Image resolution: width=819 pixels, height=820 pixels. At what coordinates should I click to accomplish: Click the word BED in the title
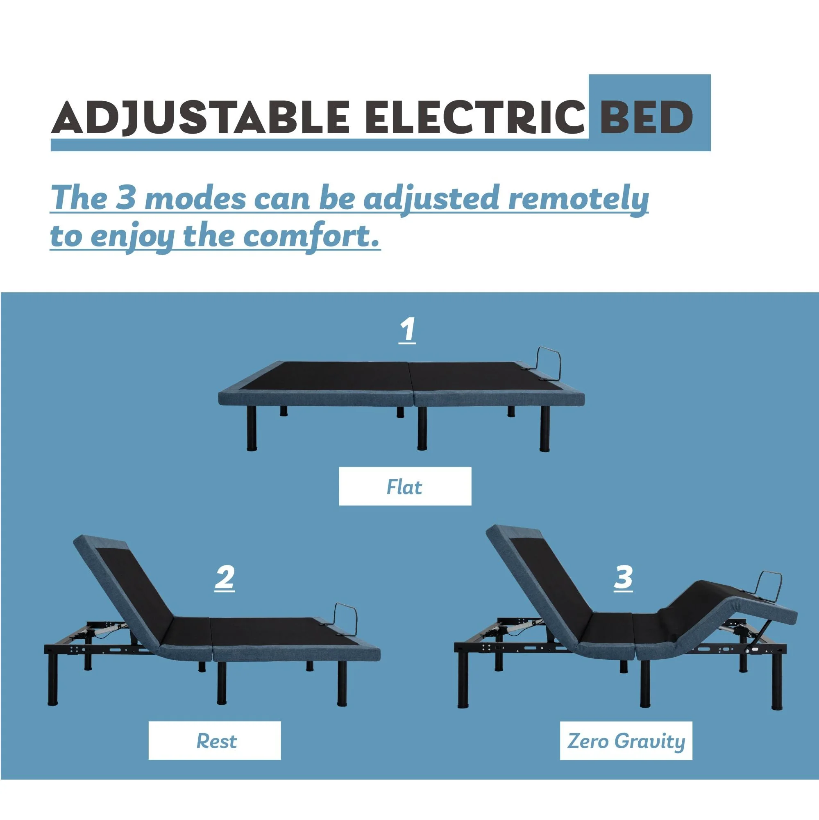coord(646,117)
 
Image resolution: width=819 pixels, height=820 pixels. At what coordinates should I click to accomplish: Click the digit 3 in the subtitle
coord(125,198)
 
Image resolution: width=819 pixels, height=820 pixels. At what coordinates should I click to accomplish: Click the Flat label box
coord(405,486)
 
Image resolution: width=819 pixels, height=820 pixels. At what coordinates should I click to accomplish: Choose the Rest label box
coord(215,740)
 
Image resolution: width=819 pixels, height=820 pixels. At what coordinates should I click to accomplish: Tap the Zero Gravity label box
coord(626,740)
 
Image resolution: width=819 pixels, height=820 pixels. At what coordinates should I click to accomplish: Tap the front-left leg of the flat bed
coord(252,428)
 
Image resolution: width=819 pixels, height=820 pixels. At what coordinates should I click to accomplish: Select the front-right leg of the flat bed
coord(544,428)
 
